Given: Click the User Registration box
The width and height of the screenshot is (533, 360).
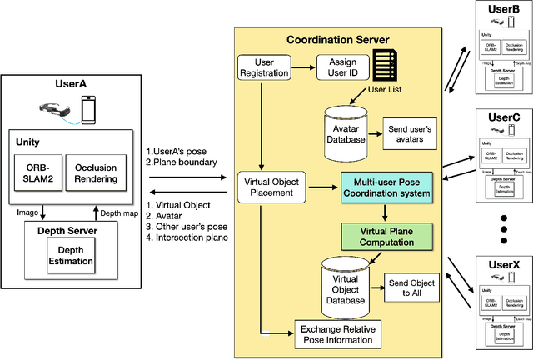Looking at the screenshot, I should coord(263,67).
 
